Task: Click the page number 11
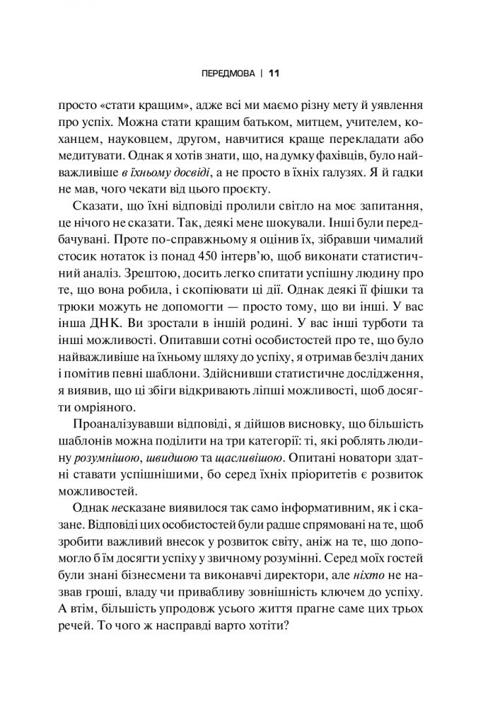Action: (x=276, y=73)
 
